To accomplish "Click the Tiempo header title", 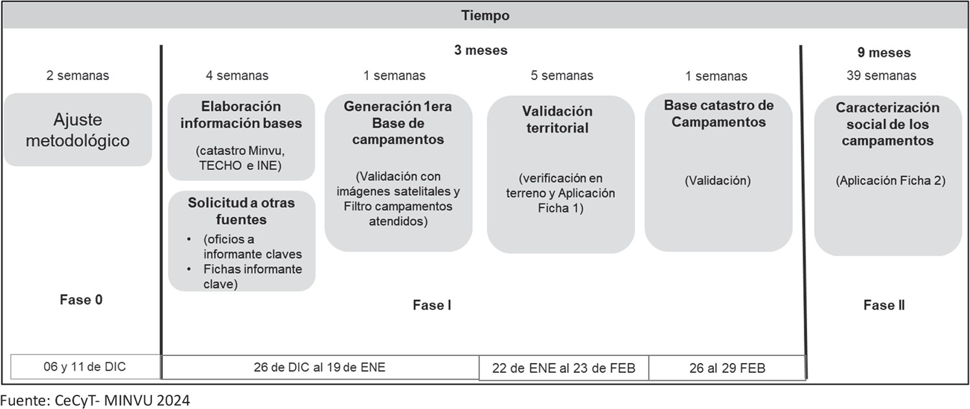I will [485, 16].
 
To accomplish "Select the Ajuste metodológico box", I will [78, 130].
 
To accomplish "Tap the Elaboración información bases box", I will [241, 136].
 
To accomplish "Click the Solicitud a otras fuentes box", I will [241, 241].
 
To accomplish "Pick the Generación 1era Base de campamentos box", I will [398, 172].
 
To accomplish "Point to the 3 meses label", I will [480, 50].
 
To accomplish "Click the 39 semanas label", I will [881, 76].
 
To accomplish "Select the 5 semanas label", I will [558, 76].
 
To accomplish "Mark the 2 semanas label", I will [78, 76].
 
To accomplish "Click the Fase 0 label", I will [81, 300].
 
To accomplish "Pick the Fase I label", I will [432, 305].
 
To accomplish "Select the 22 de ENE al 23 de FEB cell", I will [563, 368].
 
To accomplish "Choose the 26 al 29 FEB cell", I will [727, 368].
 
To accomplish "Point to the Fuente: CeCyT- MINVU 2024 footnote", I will [95, 401].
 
